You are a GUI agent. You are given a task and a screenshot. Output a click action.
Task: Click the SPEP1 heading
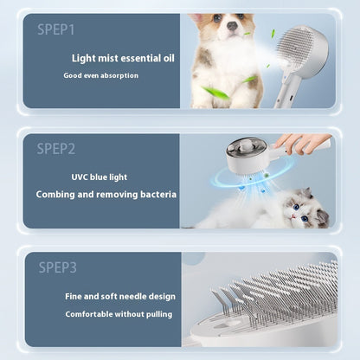pos(56,29)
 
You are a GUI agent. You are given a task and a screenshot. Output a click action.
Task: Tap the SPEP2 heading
pos(56,149)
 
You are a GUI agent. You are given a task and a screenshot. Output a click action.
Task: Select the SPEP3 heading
pos(57,267)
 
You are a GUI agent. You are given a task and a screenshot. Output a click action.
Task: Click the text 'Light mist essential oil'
pos(124,58)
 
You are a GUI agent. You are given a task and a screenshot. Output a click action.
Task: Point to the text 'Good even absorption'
pos(100,75)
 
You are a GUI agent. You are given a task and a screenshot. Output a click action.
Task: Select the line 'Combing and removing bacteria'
pos(106,195)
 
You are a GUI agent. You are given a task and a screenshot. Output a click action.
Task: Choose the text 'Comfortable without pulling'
pos(119,313)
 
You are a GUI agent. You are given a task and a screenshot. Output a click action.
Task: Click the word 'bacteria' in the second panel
pos(157,195)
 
